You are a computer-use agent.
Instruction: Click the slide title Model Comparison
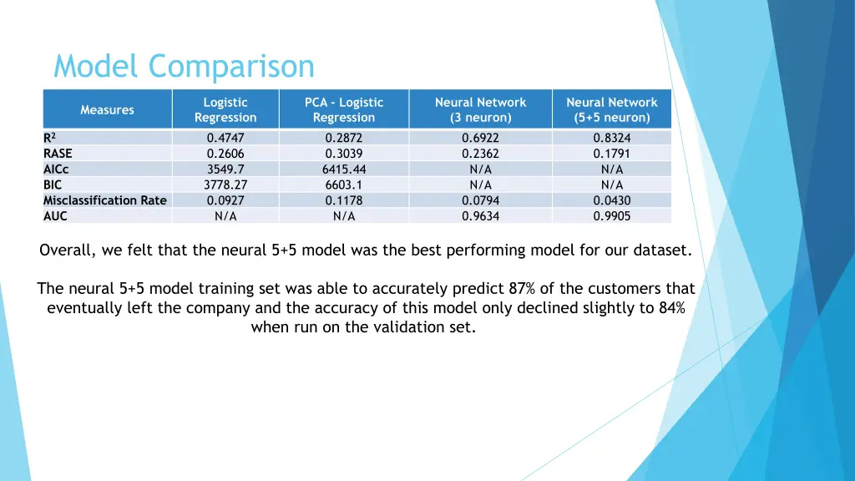point(184,66)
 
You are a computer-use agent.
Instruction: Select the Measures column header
point(107,109)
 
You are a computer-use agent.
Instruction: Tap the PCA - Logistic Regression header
point(343,109)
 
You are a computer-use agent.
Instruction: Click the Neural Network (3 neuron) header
point(480,109)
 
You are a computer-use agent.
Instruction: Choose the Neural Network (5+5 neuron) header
point(611,109)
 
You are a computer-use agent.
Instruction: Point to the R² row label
point(49,138)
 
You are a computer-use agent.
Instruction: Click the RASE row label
point(58,154)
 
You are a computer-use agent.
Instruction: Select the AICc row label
point(56,169)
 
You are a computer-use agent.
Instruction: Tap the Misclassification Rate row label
point(105,200)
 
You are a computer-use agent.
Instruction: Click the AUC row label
point(55,215)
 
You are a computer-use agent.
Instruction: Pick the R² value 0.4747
point(225,138)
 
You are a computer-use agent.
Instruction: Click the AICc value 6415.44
point(343,169)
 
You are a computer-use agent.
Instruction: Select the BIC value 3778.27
point(225,185)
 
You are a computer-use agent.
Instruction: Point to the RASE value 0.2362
point(480,154)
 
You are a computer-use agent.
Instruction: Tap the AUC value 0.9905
point(611,215)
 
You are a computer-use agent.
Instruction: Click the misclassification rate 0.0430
point(611,200)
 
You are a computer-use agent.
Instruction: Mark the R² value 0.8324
point(611,138)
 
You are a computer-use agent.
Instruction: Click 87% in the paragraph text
point(523,289)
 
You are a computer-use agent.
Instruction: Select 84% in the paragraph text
point(670,307)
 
